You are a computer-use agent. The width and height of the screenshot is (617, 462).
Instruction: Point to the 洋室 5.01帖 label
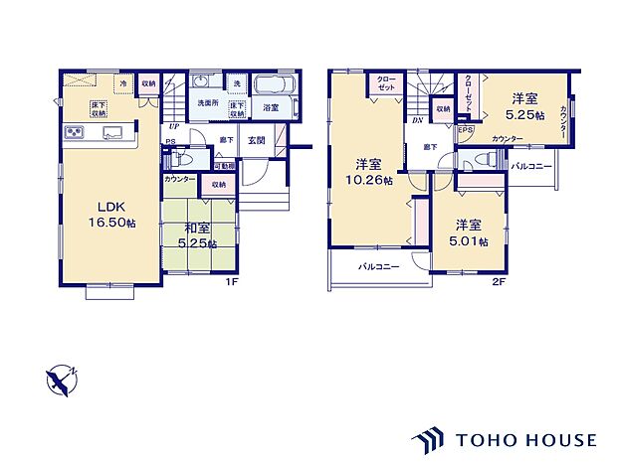[469, 232]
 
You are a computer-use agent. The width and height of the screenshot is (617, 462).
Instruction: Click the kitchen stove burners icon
[76, 132]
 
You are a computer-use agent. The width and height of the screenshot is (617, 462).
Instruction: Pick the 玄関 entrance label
[256, 141]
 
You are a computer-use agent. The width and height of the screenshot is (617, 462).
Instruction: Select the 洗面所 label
[206, 102]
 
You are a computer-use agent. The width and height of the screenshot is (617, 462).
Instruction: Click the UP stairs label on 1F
[174, 127]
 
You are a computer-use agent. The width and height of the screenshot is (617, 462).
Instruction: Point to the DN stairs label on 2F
[417, 119]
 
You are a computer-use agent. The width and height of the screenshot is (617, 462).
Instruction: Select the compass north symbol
[60, 381]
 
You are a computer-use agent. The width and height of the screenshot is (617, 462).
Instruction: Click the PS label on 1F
[170, 141]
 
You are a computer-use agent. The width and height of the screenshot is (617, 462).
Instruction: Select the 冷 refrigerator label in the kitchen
[124, 84]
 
